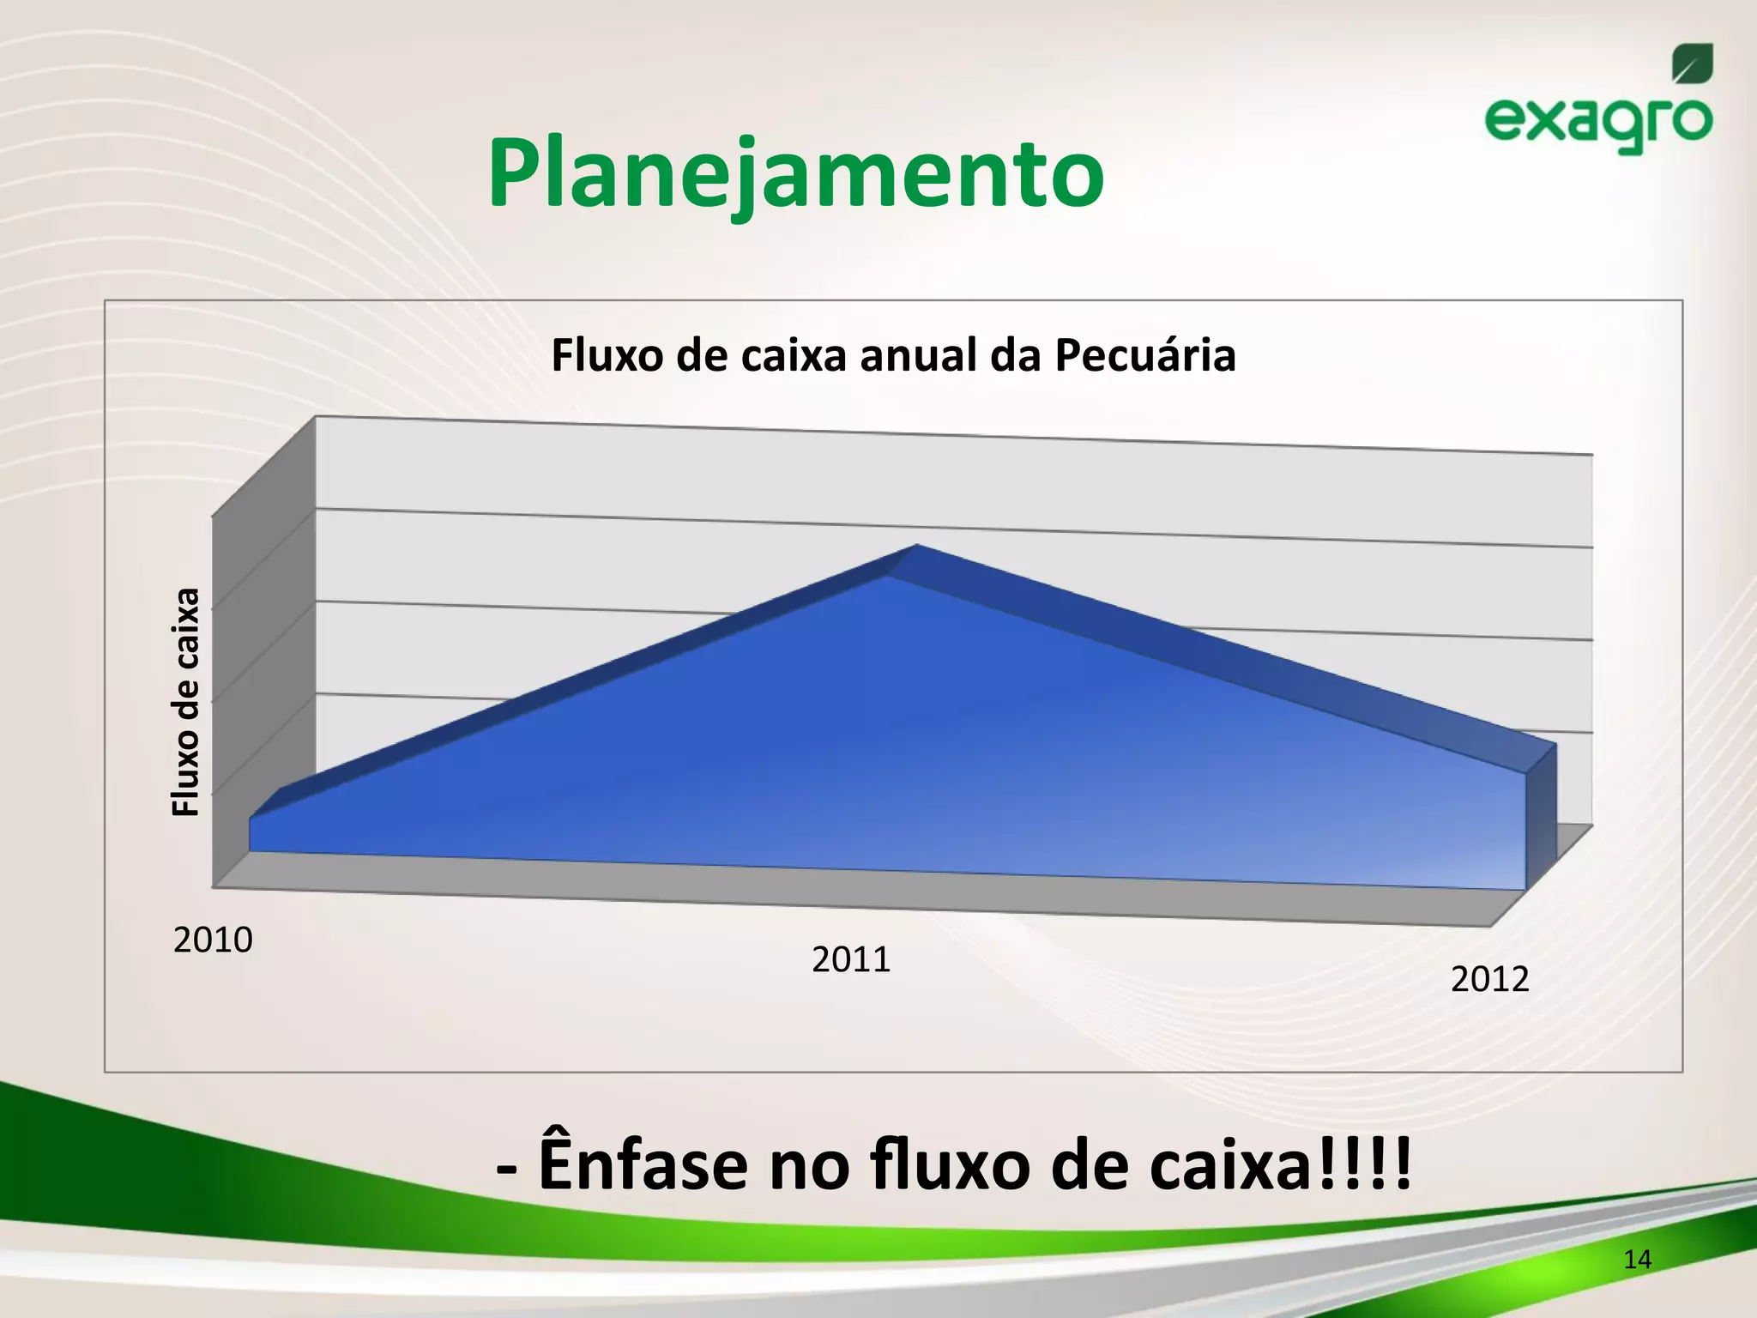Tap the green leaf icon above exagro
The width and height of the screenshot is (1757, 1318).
1692,64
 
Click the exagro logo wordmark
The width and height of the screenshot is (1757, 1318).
1597,123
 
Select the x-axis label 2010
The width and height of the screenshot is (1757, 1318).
213,940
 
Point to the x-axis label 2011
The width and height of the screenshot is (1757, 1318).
851,959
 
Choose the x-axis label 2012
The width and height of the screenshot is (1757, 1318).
1489,979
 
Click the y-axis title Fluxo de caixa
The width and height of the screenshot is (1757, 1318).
186,701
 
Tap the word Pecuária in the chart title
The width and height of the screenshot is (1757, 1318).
1144,355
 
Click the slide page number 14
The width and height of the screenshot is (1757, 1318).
1637,1260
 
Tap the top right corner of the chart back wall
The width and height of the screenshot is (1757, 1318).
1592,454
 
